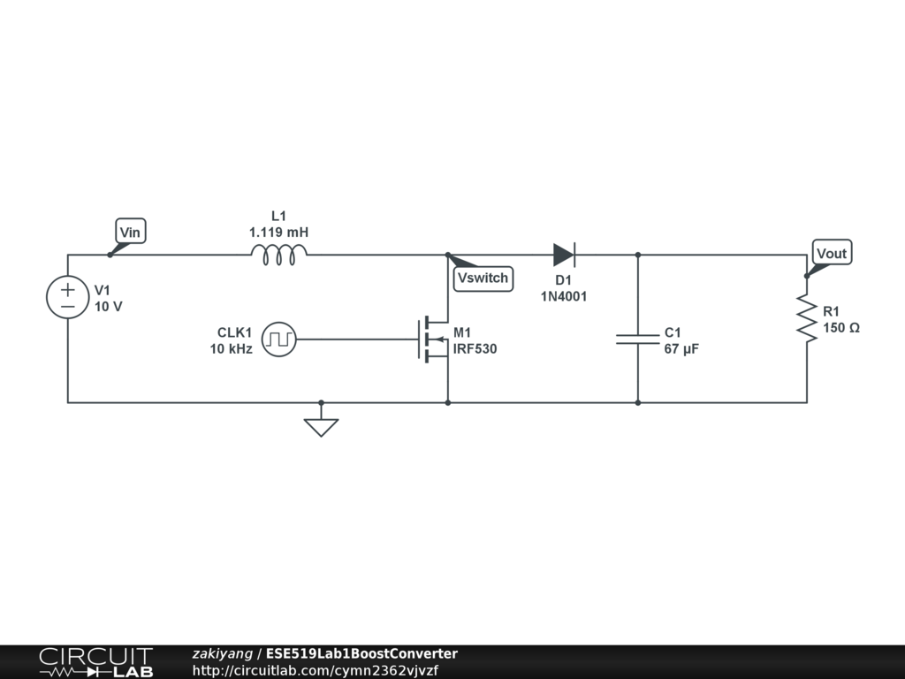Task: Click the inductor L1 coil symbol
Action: [279, 255]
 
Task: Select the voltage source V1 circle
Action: [68, 297]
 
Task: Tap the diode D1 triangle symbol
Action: [564, 255]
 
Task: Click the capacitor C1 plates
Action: [638, 339]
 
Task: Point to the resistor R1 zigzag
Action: [806, 318]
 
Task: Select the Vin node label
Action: [130, 233]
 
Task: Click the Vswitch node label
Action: [483, 278]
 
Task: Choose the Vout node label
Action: [832, 254]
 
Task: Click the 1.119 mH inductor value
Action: [279, 233]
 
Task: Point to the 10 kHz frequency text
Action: [231, 349]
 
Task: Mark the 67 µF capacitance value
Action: [681, 349]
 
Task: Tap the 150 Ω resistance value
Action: [841, 328]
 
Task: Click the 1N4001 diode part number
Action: [564, 297]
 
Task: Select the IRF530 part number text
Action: [475, 349]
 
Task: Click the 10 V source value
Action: [109, 307]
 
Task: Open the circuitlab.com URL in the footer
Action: [315, 671]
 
